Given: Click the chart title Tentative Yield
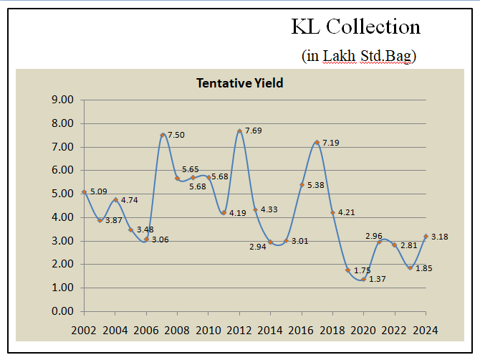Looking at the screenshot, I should point(239,83).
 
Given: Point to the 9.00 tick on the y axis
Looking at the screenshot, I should point(64,100).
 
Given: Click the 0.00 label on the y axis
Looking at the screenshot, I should point(64,311).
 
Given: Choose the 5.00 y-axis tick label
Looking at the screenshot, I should point(64,194).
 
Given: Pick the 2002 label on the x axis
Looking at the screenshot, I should point(85,331).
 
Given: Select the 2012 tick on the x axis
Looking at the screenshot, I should point(239,331).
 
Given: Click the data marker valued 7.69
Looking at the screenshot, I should point(239,131).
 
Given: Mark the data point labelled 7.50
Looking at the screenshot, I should point(163,136).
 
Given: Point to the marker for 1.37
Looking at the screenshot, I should point(363,279).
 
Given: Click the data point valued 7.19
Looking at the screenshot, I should point(317,143).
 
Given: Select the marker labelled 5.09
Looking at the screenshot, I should point(85,192).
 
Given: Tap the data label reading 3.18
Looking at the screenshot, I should point(439,236).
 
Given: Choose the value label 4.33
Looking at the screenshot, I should point(269,209).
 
